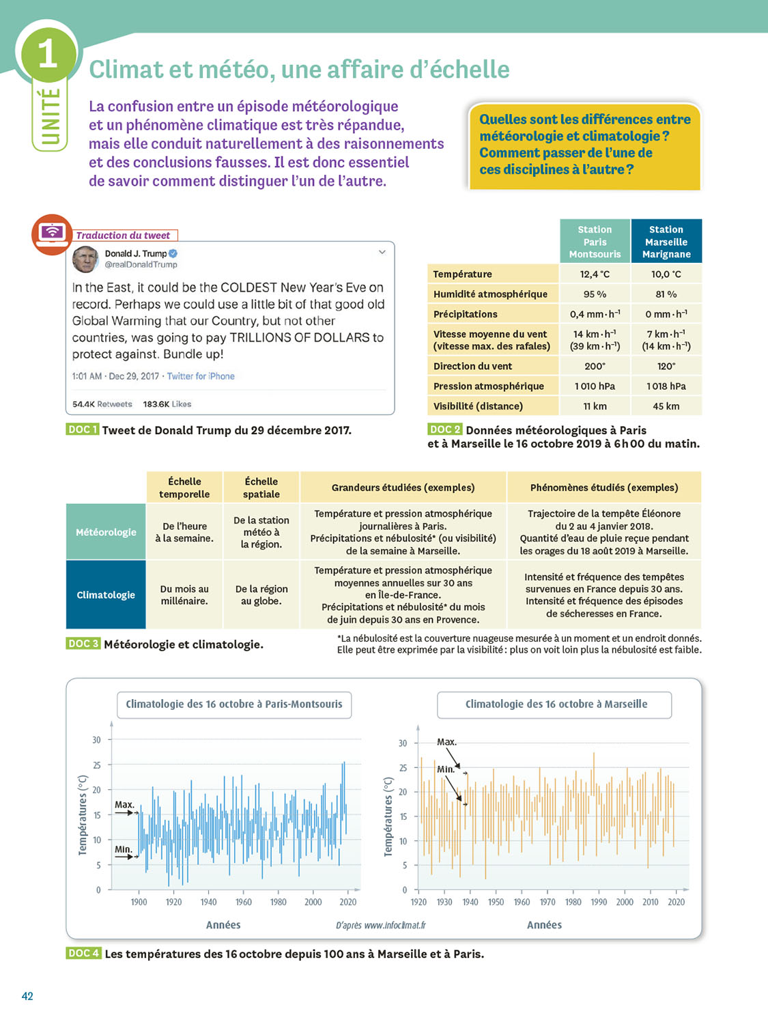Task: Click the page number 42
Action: point(27,996)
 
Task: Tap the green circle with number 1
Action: point(48,53)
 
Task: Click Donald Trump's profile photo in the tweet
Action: point(85,259)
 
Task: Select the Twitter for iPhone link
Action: point(201,376)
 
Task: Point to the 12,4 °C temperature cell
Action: point(595,274)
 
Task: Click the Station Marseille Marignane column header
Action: point(666,242)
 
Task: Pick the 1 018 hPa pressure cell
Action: point(666,386)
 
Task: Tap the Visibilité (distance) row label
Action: point(478,406)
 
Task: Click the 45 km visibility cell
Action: point(666,406)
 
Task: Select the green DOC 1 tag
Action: point(83,429)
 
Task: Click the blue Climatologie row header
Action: point(106,595)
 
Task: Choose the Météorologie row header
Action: point(106,532)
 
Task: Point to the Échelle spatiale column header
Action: point(261,487)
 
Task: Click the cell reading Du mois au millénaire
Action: point(184,595)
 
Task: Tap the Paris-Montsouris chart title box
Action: point(234,705)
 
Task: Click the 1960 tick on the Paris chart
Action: point(244,902)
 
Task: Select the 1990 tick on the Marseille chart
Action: point(599,902)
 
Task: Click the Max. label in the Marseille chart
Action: point(446,742)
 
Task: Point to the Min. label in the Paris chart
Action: point(123,849)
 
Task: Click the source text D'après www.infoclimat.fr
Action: point(380,926)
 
